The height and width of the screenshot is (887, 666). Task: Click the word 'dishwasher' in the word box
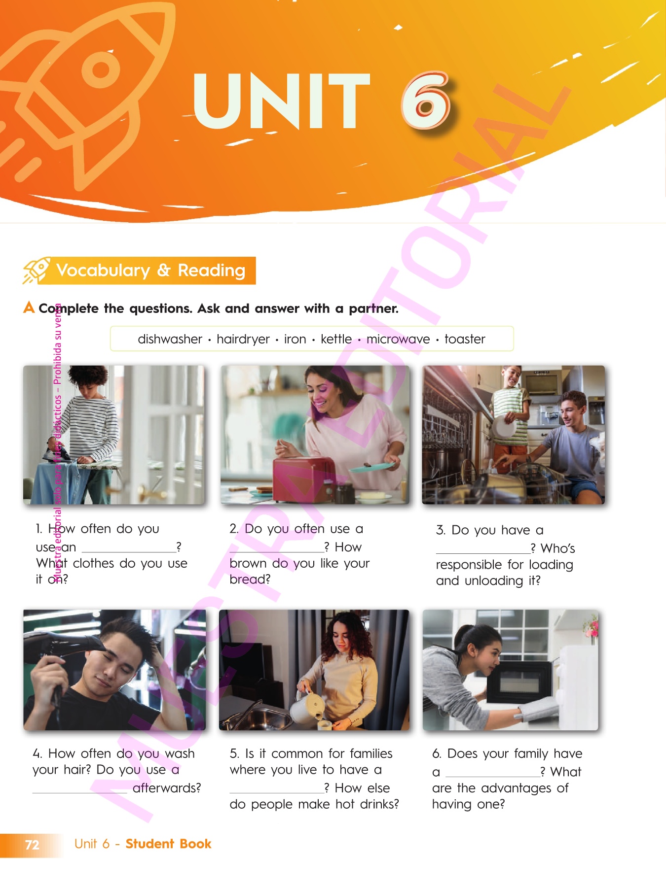[170, 339]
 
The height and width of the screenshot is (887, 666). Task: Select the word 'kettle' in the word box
[336, 339]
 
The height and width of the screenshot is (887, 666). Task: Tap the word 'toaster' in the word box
[465, 339]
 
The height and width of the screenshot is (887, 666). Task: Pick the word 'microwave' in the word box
[398, 339]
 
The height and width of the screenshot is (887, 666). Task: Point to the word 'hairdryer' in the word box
[243, 340]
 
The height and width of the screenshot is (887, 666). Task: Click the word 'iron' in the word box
[295, 339]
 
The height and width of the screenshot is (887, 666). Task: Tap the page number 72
[32, 845]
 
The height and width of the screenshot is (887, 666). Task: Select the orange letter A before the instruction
[29, 307]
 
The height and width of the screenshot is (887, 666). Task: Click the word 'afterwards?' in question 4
[167, 788]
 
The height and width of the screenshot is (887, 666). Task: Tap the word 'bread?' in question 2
[250, 579]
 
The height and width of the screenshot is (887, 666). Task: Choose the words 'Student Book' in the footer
[168, 844]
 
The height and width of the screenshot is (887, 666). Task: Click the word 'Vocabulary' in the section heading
[103, 271]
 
